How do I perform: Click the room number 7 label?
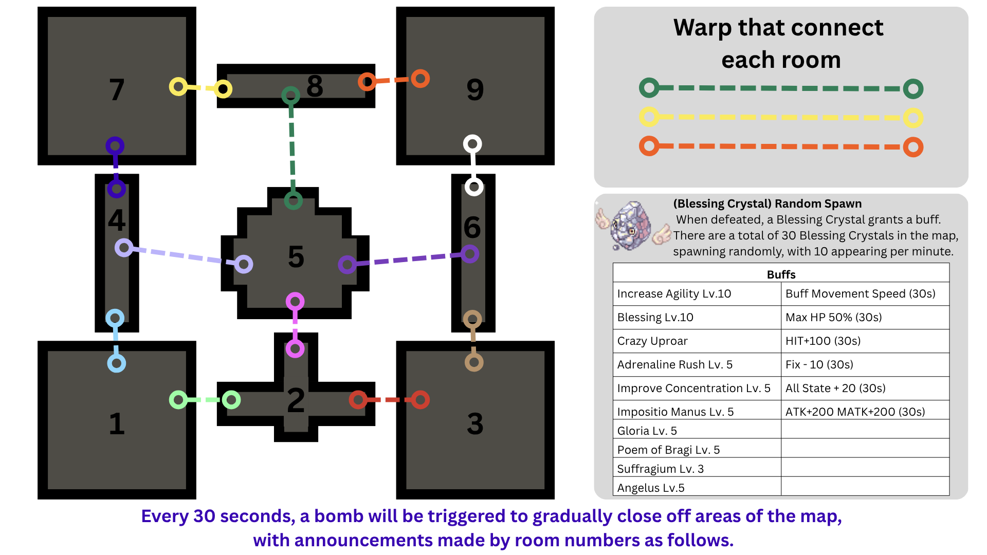click(117, 90)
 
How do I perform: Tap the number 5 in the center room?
click(296, 257)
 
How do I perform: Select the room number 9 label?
click(475, 90)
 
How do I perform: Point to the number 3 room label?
click(475, 424)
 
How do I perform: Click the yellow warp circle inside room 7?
click(178, 86)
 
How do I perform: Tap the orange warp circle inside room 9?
click(420, 79)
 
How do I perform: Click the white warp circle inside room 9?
click(472, 144)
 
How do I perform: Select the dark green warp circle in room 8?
click(291, 95)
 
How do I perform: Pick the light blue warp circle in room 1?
click(117, 363)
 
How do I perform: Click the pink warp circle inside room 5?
click(295, 301)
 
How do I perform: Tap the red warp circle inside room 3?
click(420, 400)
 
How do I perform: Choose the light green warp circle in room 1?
click(178, 400)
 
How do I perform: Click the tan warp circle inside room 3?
click(474, 363)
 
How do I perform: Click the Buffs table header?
click(781, 274)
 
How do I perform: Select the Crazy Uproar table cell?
click(697, 341)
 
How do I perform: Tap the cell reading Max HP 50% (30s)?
click(865, 317)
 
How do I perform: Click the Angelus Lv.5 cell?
click(697, 488)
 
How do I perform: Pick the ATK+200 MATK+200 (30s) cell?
click(865, 412)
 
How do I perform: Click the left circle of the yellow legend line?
click(649, 117)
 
